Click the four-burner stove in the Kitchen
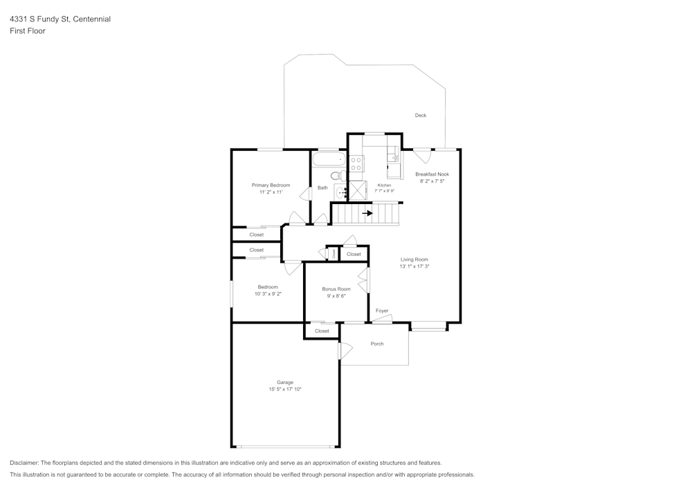(356, 164)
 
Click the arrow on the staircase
(367, 213)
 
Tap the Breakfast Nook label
(432, 174)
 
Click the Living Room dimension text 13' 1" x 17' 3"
(415, 266)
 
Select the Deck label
(421, 116)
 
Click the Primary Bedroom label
(271, 185)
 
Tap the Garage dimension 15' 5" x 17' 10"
(285, 389)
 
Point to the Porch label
(377, 344)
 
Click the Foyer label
(382, 311)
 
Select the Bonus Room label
(336, 289)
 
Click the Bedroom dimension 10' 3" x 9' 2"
(268, 294)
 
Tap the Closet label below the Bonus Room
(322, 331)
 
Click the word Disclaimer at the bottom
(25, 463)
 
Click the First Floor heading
(28, 31)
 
